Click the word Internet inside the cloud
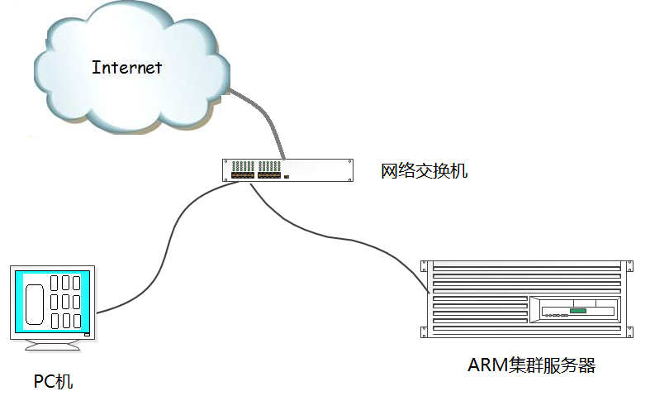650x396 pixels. pos(126,67)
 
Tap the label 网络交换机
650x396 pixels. pos(424,171)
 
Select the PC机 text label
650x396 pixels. pos(53,381)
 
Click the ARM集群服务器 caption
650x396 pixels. pos(531,365)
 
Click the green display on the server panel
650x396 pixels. pos(577,311)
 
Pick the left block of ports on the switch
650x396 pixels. pos(243,175)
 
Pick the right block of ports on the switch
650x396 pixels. pos(269,175)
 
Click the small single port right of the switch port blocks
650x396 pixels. pos(287,176)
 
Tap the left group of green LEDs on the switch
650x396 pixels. pos(243,166)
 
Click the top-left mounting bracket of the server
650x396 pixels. pos(425,265)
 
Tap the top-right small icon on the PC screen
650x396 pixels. pos(76,283)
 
